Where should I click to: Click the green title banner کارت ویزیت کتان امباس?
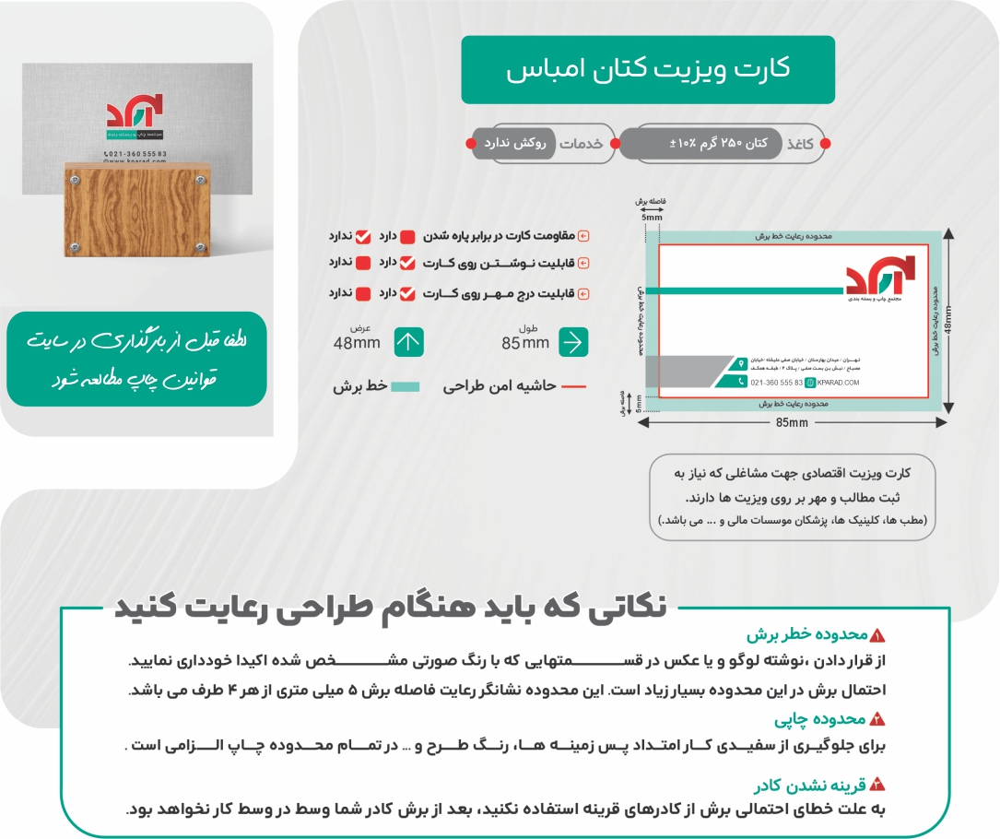[x=648, y=70]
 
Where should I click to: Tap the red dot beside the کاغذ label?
[x=825, y=144]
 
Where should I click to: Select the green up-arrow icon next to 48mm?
[x=408, y=342]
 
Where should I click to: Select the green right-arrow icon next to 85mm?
[x=572, y=342]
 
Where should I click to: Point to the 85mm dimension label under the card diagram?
[x=792, y=422]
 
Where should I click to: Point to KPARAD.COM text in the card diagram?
[x=838, y=382]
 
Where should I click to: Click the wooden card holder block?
[x=135, y=208]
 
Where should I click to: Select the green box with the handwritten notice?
[x=136, y=360]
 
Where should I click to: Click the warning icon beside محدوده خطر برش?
[x=876, y=635]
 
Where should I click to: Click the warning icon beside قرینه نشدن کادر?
[x=876, y=786]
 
